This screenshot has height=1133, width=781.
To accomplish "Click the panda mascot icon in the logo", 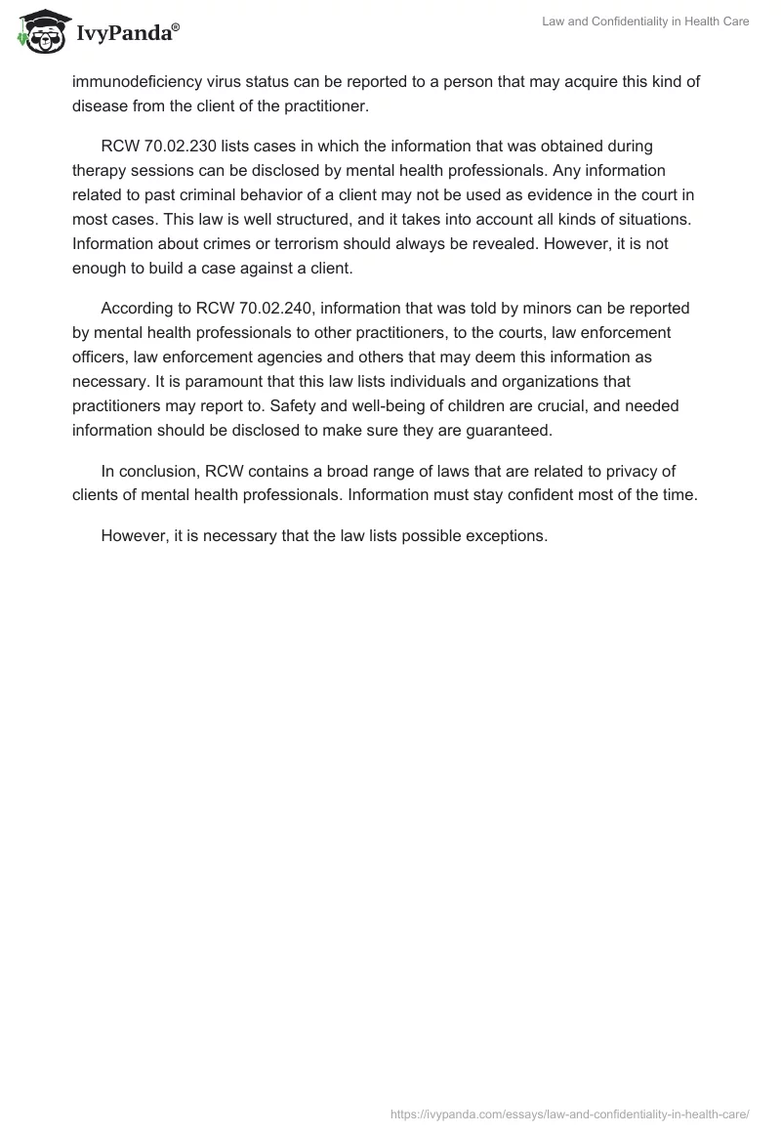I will [39, 31].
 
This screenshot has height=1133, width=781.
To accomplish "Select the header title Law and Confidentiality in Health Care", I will [645, 21].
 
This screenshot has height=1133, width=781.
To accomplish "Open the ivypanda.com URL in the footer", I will [569, 1113].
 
